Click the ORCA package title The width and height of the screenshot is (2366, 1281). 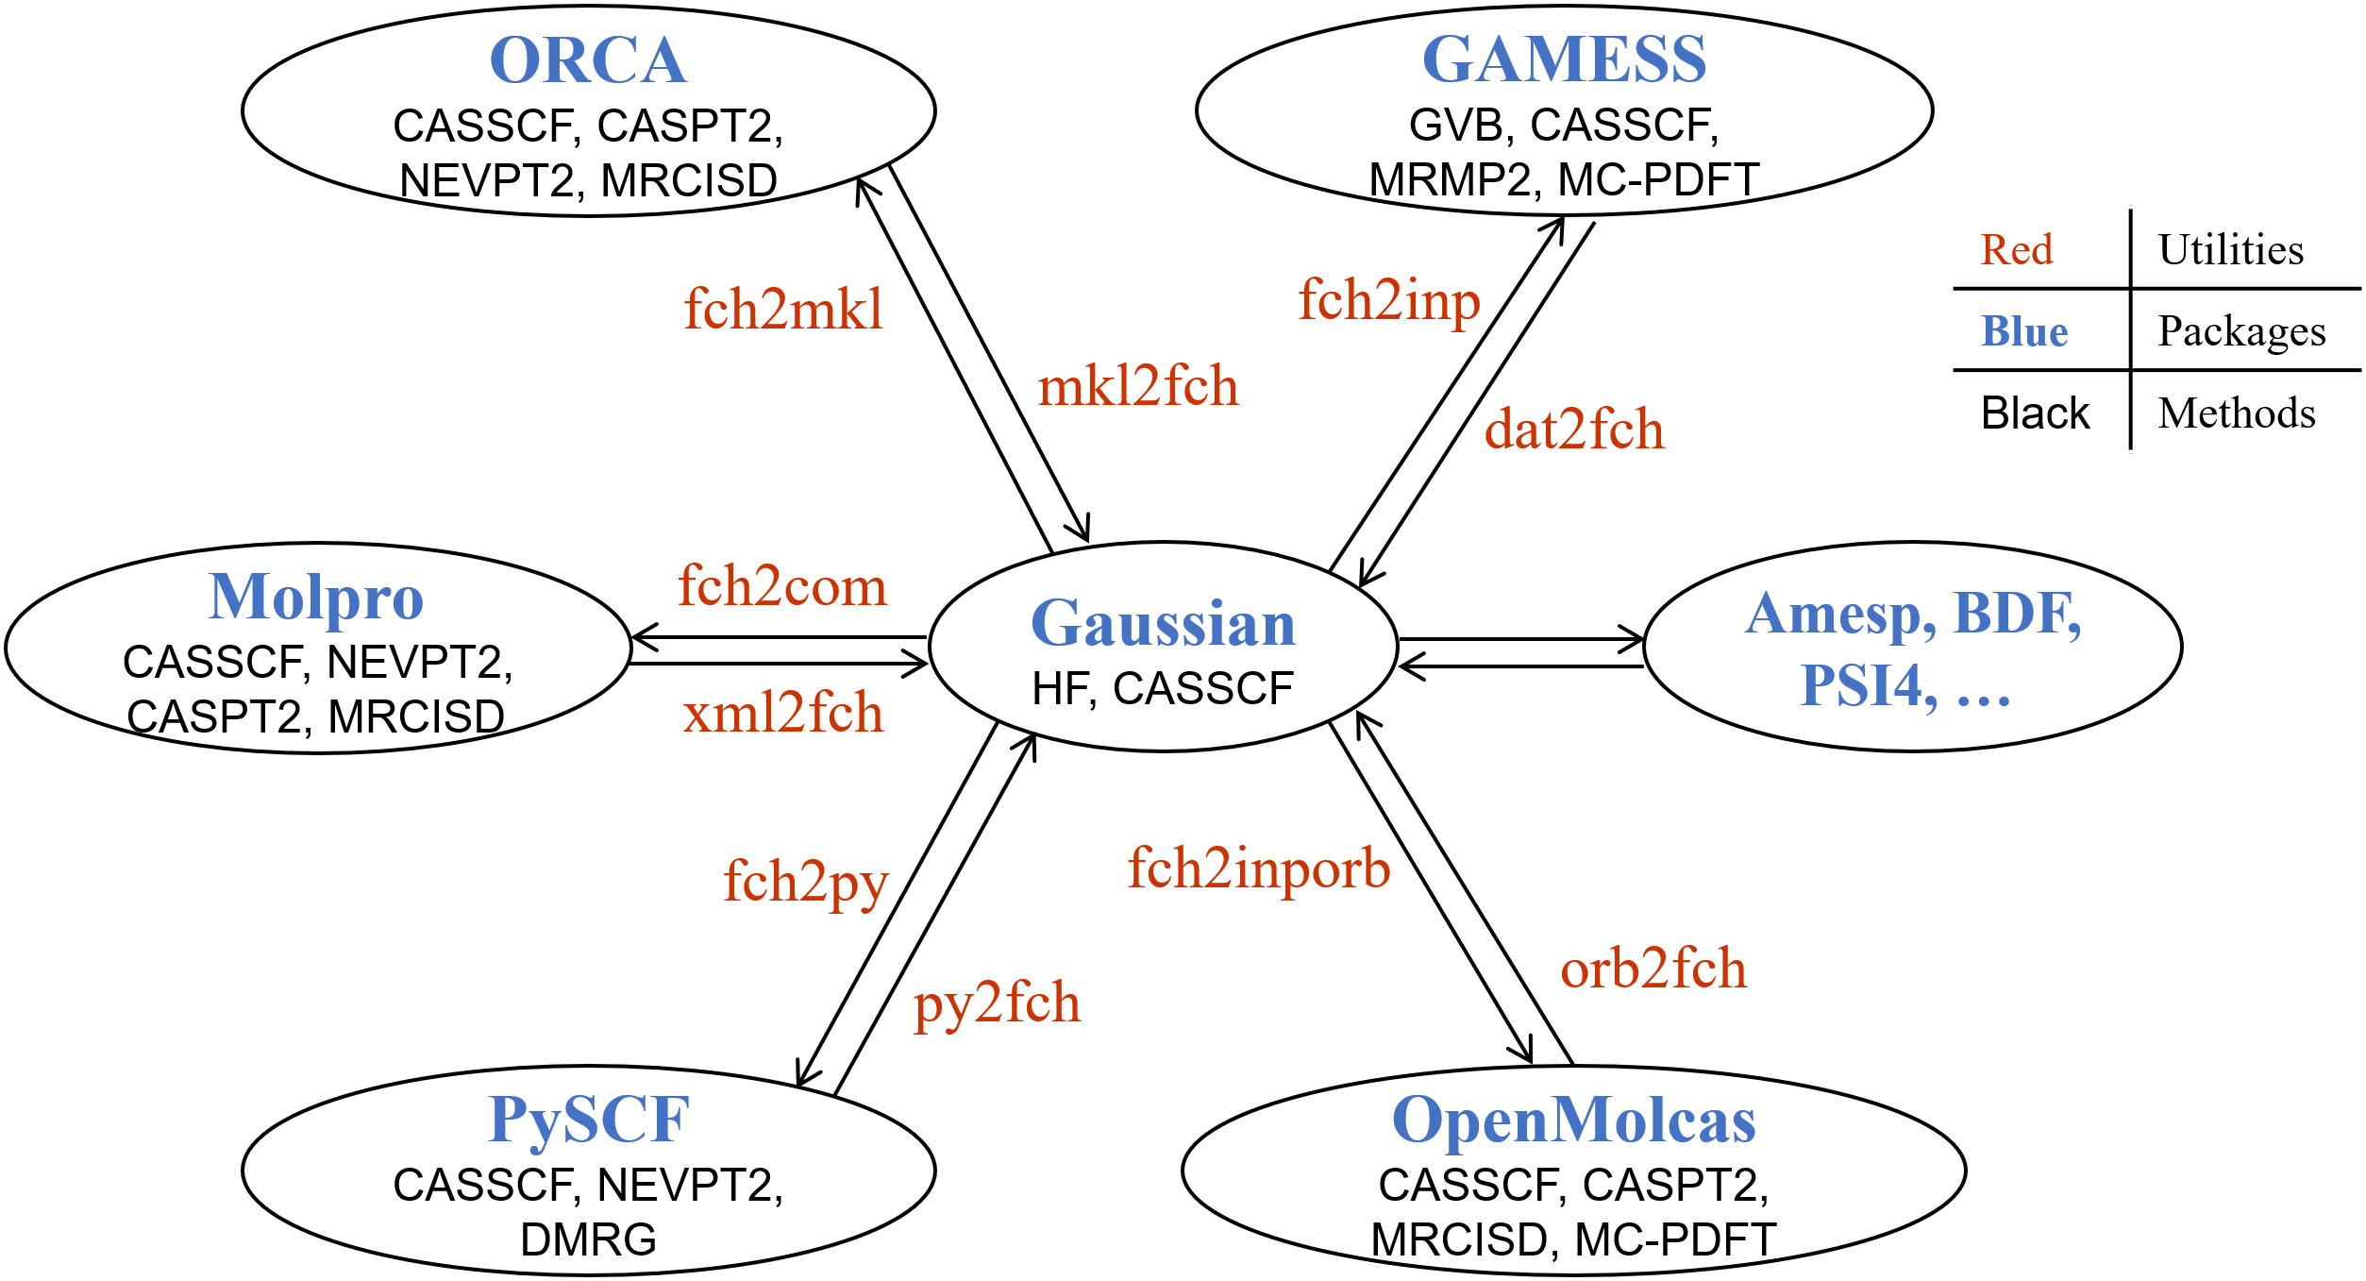(x=588, y=61)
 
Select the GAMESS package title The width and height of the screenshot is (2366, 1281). (x=1564, y=59)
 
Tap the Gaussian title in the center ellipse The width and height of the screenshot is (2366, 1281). (x=1163, y=624)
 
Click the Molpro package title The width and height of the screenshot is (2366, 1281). (x=316, y=598)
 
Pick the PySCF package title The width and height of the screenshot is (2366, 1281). (x=589, y=1121)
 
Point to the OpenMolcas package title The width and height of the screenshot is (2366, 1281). (x=1573, y=1121)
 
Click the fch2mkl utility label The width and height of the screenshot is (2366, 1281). (x=783, y=309)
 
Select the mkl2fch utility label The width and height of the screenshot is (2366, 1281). (x=1137, y=386)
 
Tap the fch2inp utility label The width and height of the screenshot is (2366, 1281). (x=1389, y=301)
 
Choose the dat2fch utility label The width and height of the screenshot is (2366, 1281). (x=1574, y=430)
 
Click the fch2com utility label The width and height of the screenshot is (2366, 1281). (x=782, y=586)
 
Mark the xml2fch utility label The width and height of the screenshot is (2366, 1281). (x=783, y=713)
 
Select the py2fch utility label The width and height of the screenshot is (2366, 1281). (x=997, y=1003)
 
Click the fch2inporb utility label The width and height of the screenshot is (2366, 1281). (x=1259, y=868)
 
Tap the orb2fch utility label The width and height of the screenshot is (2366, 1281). (x=1653, y=969)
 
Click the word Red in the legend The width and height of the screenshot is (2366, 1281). (x=2017, y=250)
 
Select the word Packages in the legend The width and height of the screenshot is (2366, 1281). (x=2241, y=331)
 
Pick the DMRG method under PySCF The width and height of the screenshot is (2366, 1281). (x=588, y=1239)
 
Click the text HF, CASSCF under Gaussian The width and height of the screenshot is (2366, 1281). (x=1163, y=688)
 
